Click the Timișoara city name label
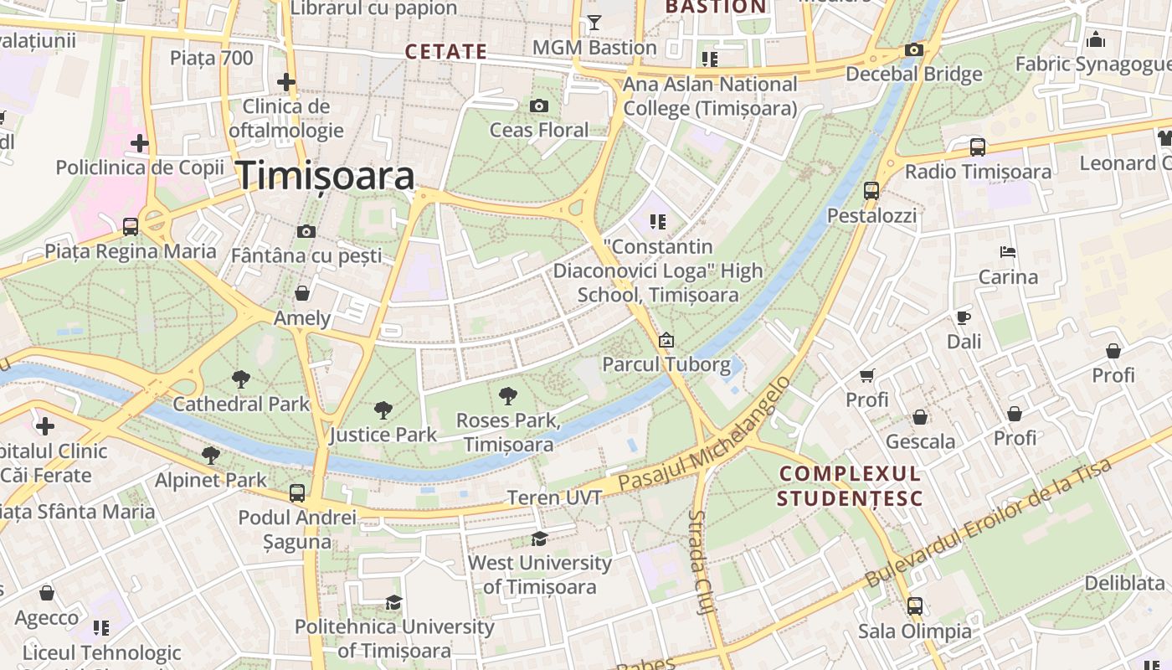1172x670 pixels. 326,176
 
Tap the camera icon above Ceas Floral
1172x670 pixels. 539,106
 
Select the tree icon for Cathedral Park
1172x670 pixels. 241,379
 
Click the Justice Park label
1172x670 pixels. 383,435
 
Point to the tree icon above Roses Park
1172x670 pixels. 507,396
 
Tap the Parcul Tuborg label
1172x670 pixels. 666,365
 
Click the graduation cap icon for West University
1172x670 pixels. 539,539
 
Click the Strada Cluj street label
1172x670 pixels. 702,563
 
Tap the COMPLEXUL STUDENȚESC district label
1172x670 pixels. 849,487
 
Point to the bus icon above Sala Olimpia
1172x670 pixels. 914,606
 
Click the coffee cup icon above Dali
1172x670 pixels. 964,317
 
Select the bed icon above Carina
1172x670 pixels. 1008,252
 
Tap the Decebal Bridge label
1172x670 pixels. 913,74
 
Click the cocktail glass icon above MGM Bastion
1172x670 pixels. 594,23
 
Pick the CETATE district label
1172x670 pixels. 445,52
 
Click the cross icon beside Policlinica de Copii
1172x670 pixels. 139,143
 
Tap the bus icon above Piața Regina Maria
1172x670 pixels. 130,226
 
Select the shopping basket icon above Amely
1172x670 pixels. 302,293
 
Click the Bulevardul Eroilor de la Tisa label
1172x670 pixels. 988,523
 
